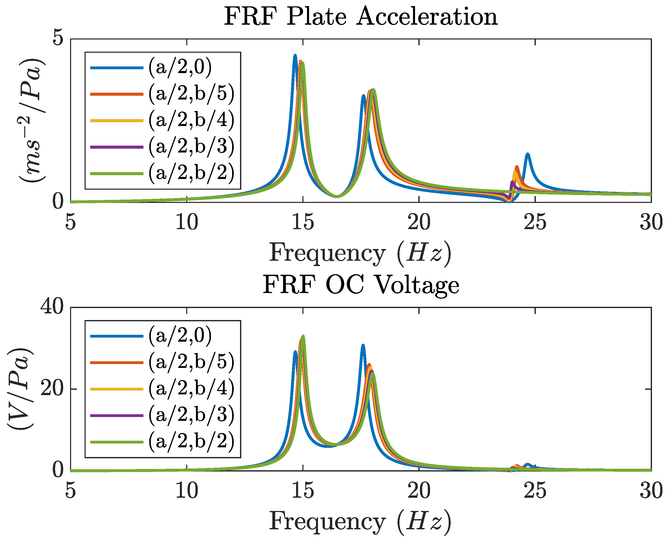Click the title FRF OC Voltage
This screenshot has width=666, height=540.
pyautogui.click(x=361, y=285)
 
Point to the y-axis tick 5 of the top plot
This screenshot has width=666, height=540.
pyautogui.click(x=58, y=39)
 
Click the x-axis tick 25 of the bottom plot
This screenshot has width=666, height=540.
pyautogui.click(x=535, y=491)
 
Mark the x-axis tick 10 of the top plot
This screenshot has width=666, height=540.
pyautogui.click(x=187, y=223)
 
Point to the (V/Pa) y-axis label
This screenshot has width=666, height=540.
pyautogui.click(x=19, y=389)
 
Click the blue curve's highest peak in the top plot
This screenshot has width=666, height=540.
pyautogui.click(x=295, y=56)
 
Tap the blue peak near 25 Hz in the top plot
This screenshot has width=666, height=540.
pyautogui.click(x=527, y=154)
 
